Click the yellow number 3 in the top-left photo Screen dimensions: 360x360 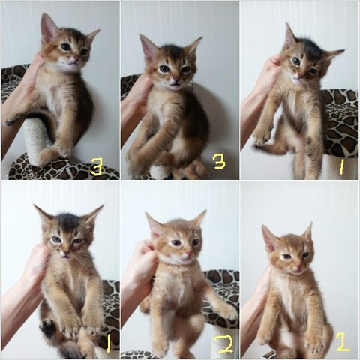[x=97, y=166]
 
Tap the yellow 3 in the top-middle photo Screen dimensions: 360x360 [x=220, y=160]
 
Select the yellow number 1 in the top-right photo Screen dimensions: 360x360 [x=341, y=166]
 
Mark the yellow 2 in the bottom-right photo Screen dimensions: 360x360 [x=343, y=341]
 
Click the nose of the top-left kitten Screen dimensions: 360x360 [x=75, y=59]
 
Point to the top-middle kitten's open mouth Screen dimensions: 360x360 [x=174, y=85]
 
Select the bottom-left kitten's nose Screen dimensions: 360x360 [x=65, y=252]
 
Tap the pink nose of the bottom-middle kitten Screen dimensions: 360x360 [x=189, y=253]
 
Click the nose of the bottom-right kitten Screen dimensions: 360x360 [x=298, y=265]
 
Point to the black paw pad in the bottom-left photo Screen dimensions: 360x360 [x=47, y=326]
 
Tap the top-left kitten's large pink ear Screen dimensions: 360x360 [x=49, y=28]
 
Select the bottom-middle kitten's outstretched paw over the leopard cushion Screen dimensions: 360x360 [x=228, y=312]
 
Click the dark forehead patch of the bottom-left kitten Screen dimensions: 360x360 [x=68, y=221]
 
